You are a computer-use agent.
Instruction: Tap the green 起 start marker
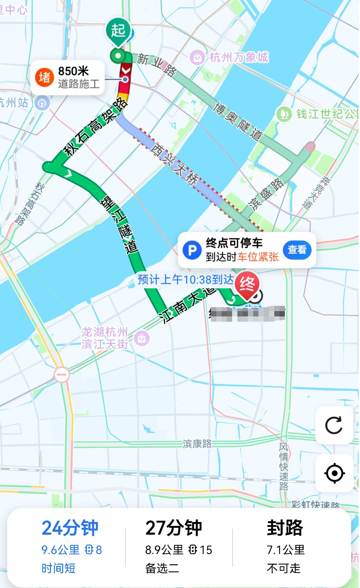118,31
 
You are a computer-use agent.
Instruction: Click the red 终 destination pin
247,286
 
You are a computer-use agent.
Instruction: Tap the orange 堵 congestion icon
44,77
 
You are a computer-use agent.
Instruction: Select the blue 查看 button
297,250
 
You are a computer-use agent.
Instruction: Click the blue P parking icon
192,250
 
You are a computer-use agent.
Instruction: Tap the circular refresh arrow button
334,425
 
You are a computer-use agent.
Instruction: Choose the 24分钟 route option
70,528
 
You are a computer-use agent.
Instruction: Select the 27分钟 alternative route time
174,528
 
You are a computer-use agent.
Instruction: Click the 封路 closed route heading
285,528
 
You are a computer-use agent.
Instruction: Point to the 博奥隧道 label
237,121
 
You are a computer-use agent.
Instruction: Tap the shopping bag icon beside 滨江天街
142,338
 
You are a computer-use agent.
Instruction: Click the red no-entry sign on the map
62,375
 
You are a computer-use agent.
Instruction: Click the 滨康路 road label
197,444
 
